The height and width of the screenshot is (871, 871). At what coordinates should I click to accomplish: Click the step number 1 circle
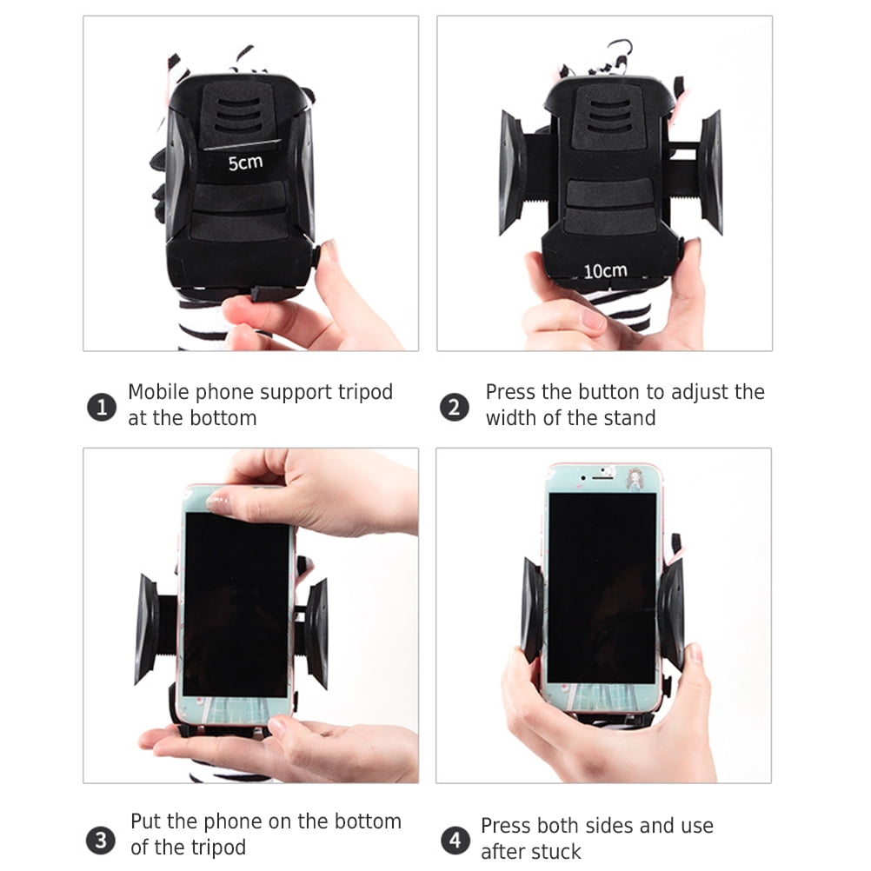click(x=102, y=407)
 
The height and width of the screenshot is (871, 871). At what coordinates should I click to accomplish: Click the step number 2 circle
click(x=454, y=407)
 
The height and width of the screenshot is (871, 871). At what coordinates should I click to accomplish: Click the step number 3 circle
click(x=102, y=840)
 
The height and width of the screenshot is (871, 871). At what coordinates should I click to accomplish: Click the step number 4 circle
click(x=454, y=841)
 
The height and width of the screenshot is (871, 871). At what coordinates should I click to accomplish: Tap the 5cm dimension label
click(x=244, y=162)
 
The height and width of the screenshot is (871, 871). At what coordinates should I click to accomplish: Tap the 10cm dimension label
click(x=604, y=271)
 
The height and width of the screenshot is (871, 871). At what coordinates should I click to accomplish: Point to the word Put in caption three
click(x=147, y=821)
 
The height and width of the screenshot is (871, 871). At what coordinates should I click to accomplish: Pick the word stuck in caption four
click(x=557, y=852)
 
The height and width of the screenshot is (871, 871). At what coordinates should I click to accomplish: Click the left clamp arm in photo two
click(x=512, y=173)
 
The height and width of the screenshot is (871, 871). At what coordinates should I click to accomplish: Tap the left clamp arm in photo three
click(x=147, y=628)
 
